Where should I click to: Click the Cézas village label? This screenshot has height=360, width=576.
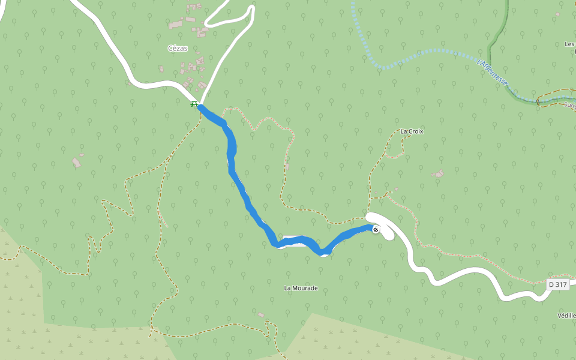[x=178, y=49]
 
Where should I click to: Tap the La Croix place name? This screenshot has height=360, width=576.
[x=412, y=131]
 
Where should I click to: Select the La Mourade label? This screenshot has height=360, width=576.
[x=301, y=288]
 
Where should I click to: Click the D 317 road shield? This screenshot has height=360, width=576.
[x=557, y=284]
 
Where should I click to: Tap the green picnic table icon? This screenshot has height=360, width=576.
[x=194, y=104]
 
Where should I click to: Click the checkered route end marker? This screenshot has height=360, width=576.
[x=376, y=230]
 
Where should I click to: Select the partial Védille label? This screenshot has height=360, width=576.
[x=567, y=315]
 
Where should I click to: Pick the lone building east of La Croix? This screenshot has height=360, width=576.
[x=439, y=173]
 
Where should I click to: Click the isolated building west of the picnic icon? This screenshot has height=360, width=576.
[x=76, y=162]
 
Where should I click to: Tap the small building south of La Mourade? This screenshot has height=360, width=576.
[x=260, y=314]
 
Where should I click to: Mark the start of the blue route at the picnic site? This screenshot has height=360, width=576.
[x=200, y=107]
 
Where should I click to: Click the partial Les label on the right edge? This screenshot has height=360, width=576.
[x=569, y=44]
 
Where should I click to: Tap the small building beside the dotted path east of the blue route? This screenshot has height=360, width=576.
[x=287, y=166]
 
